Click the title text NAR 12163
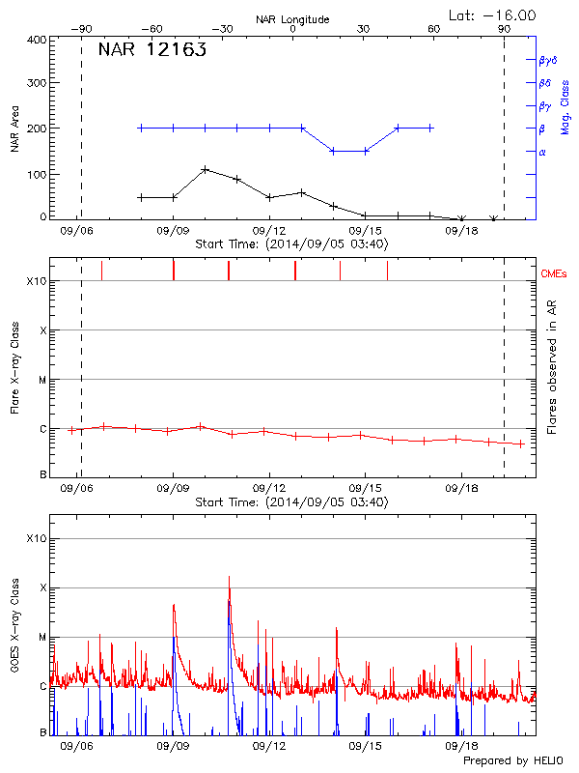152,51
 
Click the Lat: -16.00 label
493,14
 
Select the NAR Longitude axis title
292,19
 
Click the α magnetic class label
542,152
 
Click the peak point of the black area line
206,169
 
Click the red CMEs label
555,275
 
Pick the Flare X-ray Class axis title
14,367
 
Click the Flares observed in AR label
551,367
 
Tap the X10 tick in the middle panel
37,281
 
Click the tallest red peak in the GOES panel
229,578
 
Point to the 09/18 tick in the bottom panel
461,746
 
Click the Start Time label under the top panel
291,244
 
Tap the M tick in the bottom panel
41,638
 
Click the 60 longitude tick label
433,30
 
